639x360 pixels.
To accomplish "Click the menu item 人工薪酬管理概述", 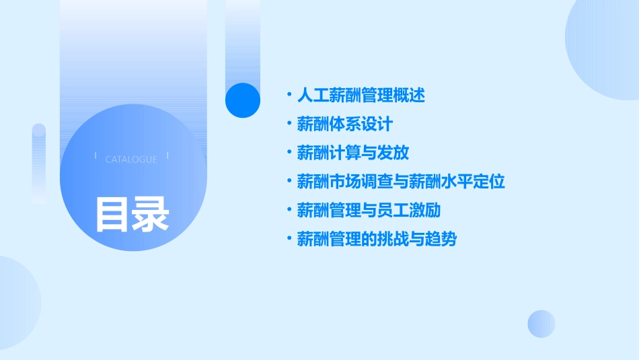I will [x=361, y=96].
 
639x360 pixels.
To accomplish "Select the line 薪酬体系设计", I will [x=344, y=124].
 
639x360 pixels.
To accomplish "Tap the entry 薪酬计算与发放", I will [x=352, y=153].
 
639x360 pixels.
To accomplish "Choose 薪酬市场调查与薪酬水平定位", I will [x=401, y=182].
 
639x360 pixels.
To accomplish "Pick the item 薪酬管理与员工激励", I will [x=369, y=210].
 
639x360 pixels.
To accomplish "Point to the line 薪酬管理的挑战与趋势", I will [x=377, y=239].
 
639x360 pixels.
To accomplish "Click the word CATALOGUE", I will [x=131, y=159].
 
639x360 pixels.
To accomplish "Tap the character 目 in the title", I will [x=112, y=215].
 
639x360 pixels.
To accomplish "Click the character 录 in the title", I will [x=151, y=215].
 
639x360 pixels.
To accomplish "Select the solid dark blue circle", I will [x=243, y=100].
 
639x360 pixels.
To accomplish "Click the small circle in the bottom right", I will [x=541, y=324].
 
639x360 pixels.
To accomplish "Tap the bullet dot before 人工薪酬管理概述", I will [x=289, y=96].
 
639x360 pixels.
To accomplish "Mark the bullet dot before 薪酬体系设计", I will [x=289, y=124].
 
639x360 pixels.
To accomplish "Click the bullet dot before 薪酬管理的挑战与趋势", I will [x=289, y=239].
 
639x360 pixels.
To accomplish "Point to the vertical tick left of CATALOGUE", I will [x=96, y=155].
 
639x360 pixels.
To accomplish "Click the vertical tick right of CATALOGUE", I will [x=167, y=155].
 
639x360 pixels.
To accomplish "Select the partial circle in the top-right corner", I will [x=605, y=47].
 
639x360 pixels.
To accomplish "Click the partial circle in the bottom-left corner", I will [x=17, y=303].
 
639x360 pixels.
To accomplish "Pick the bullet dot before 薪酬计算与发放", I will [x=289, y=153].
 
